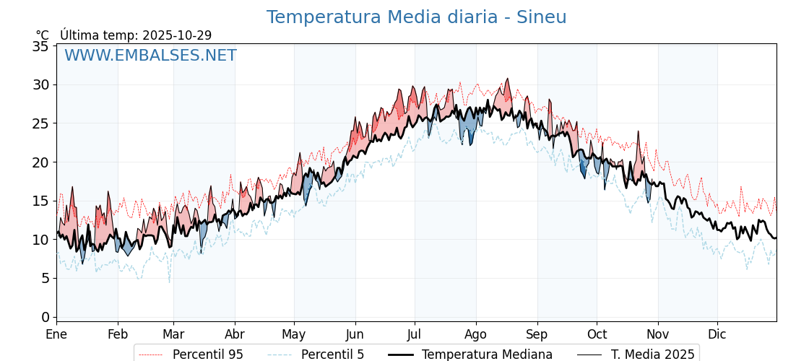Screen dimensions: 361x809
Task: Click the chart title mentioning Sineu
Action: pyautogui.click(x=416, y=17)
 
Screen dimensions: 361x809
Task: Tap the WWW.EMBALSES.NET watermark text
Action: pyautogui.click(x=150, y=56)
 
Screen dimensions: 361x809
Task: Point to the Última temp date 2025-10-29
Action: pyautogui.click(x=177, y=35)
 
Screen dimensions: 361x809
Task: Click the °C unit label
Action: pyautogui.click(x=43, y=35)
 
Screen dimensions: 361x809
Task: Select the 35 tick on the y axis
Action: pyautogui.click(x=41, y=46)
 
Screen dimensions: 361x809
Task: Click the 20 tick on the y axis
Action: pyautogui.click(x=41, y=162)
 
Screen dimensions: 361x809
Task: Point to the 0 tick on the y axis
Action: pyautogui.click(x=45, y=317)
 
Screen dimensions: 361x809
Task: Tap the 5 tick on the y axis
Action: pyautogui.click(x=45, y=278)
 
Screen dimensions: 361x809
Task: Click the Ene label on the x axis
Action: pyautogui.click(x=56, y=334)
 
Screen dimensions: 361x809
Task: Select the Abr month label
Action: pyautogui.click(x=235, y=334)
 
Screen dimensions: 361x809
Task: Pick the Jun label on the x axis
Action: pyautogui.click(x=355, y=334)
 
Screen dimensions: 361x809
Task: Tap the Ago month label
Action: pyautogui.click(x=476, y=334)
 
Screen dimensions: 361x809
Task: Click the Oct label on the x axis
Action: pyautogui.click(x=597, y=334)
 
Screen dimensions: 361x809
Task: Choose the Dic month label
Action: pyautogui.click(x=717, y=334)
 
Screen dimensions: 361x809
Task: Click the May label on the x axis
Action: pyautogui.click(x=294, y=334)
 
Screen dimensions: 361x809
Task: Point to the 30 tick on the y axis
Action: pyautogui.click(x=41, y=84)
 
